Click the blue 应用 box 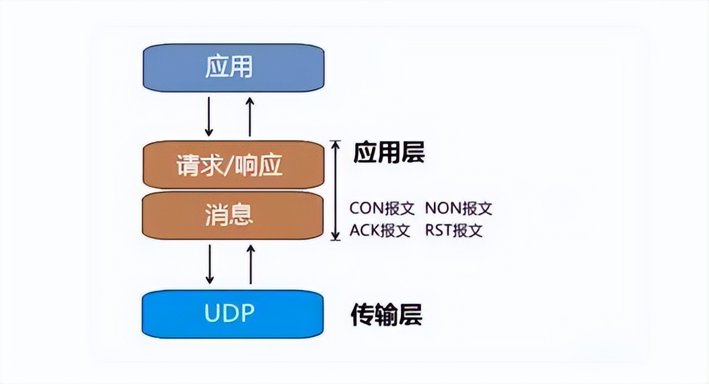pyautogui.click(x=233, y=68)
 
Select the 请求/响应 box pyautogui.click(x=233, y=166)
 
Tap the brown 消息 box pyautogui.click(x=233, y=215)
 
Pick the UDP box pyautogui.click(x=233, y=314)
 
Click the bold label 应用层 pyautogui.click(x=389, y=153)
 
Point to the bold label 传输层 pyautogui.click(x=386, y=316)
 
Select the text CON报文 pyautogui.click(x=382, y=208)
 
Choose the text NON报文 pyautogui.click(x=459, y=208)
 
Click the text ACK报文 pyautogui.click(x=380, y=230)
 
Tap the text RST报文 pyautogui.click(x=454, y=230)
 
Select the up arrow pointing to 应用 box pyautogui.click(x=250, y=116)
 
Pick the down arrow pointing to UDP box pyautogui.click(x=209, y=264)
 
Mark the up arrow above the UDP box pyautogui.click(x=250, y=264)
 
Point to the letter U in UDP pyautogui.click(x=212, y=314)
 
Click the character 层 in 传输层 pyautogui.click(x=412, y=316)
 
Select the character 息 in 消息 pyautogui.click(x=242, y=215)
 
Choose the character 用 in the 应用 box pyautogui.click(x=242, y=68)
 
